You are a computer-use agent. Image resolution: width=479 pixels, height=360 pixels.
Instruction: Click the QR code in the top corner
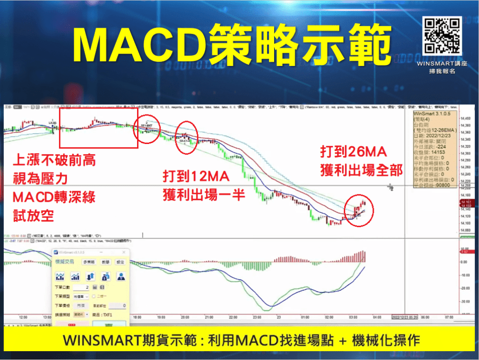[x=442, y=36]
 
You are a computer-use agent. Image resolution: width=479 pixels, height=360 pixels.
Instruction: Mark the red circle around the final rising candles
[x=359, y=209]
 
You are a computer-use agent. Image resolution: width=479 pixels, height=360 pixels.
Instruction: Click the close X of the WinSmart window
[x=127, y=252]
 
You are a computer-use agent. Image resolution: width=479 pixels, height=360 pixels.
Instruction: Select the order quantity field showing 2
[x=80, y=287]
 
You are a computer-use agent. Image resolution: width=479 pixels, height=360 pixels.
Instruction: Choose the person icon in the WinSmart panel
[x=121, y=276]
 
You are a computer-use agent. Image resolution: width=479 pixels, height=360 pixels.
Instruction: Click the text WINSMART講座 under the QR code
[x=442, y=63]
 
